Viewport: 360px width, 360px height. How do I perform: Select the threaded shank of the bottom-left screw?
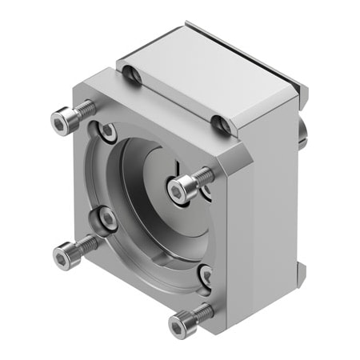click(86, 245)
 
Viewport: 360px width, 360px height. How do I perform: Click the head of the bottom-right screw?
click(180, 324)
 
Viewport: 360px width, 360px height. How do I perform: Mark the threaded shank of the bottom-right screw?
click(202, 311)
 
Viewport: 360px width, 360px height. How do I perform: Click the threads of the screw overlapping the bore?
click(203, 175)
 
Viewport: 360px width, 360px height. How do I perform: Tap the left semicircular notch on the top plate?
click(134, 77)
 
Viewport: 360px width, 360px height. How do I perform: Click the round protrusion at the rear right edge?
click(305, 128)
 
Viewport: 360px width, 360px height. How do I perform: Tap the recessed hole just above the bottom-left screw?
click(102, 218)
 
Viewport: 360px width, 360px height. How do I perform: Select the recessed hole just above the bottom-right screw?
click(205, 277)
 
